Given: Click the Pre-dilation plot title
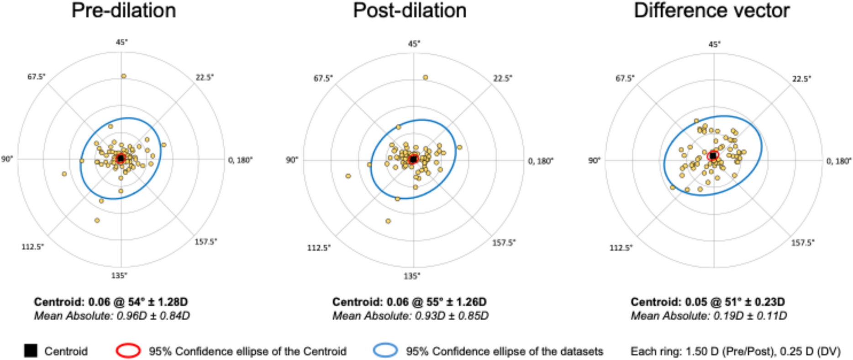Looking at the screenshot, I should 124,11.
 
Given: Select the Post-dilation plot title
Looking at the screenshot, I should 410,11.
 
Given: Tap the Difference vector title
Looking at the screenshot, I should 711,11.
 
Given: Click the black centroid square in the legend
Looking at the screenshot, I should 31,351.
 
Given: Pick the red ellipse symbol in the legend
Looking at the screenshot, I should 128,351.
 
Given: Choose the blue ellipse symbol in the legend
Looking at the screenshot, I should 385,351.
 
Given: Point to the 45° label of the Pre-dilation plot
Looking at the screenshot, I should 121,42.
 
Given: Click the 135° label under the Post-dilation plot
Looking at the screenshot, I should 411,276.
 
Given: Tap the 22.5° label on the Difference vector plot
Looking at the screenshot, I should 801,79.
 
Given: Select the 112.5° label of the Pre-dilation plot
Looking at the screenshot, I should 32,247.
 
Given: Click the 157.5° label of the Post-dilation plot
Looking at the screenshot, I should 503,243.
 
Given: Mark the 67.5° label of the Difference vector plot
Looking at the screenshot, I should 625,78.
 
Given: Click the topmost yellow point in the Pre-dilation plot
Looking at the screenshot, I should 123,76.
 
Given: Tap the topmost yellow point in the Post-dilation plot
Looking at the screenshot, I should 425,78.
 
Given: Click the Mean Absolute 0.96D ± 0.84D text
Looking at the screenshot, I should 112,316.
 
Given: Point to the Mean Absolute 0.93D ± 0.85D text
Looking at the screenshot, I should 410,316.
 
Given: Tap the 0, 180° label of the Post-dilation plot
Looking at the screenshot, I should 541,161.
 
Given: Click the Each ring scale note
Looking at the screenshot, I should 735,351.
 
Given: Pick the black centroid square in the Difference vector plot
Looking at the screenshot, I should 713,156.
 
